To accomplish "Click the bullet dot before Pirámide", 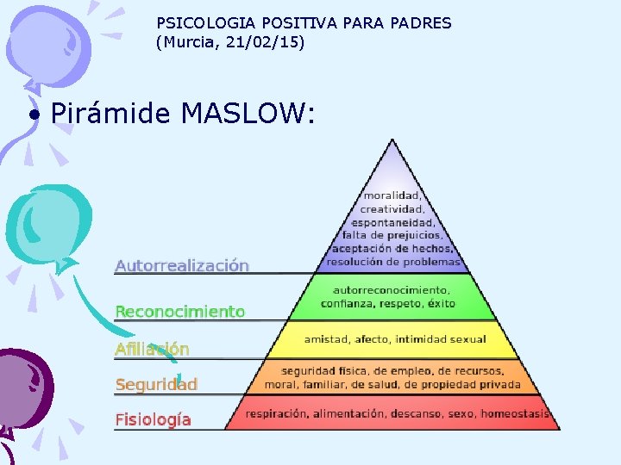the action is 34,115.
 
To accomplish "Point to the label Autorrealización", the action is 182,266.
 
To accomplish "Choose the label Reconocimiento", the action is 179,312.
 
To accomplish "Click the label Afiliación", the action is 152,349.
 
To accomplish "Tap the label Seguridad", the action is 156,385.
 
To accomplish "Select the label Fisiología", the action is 153,420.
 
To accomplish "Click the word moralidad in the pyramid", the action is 392,195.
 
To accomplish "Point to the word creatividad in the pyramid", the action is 392,208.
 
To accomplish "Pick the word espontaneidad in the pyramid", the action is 392,221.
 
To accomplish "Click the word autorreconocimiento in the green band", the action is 391,290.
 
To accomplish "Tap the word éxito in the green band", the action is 440,303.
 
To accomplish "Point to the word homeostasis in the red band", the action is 515,414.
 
